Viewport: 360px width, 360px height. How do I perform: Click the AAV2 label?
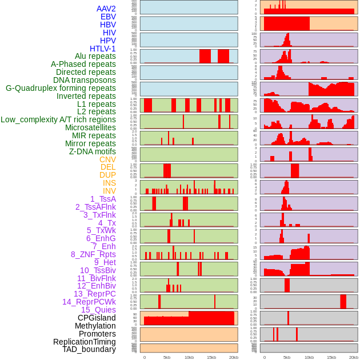(x=106, y=9)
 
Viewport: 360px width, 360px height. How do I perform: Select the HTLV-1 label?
(x=102, y=49)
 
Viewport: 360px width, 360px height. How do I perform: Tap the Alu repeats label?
(x=95, y=57)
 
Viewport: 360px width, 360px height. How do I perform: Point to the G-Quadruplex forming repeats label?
(x=61, y=88)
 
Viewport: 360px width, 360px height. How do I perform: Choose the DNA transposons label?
(x=85, y=81)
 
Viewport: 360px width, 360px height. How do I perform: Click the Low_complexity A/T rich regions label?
(x=58, y=119)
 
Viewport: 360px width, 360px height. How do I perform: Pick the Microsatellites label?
(x=90, y=128)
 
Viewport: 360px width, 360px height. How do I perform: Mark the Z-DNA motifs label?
(x=92, y=151)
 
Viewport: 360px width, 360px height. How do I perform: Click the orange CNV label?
(x=107, y=159)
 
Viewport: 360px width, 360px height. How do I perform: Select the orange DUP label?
(x=107, y=175)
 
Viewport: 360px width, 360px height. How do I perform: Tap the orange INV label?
(x=109, y=191)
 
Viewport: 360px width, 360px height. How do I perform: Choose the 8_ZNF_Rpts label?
(x=93, y=254)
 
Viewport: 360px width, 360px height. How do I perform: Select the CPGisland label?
(x=97, y=318)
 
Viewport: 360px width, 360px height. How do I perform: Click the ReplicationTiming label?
(x=84, y=342)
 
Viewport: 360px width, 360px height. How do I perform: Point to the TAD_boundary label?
(x=89, y=349)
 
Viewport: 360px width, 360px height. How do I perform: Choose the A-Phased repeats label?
(x=83, y=65)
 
